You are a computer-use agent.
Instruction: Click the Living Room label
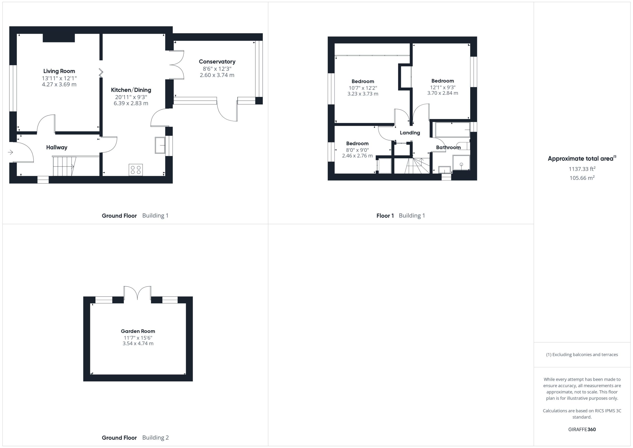point(59,71)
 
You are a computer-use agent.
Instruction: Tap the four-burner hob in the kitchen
point(136,170)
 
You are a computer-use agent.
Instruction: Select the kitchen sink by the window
point(160,145)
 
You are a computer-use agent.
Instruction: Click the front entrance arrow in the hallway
point(10,152)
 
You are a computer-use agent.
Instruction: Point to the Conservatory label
point(217,62)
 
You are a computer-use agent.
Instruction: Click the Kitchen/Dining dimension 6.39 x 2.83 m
point(131,103)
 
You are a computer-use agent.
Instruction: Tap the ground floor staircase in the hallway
point(64,166)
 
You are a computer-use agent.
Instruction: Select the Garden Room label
point(138,331)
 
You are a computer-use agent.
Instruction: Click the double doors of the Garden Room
point(137,293)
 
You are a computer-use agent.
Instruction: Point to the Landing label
point(410,133)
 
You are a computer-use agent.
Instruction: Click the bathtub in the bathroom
point(452,130)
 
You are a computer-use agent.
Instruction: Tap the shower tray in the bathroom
point(461,163)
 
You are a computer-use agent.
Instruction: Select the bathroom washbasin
point(444,170)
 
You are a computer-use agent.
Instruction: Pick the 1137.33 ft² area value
point(582,169)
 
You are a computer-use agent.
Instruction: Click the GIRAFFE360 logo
point(582,429)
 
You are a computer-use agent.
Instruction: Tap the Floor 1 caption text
point(385,216)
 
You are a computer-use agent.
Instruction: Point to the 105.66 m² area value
point(582,178)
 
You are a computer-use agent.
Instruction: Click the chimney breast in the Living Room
point(59,38)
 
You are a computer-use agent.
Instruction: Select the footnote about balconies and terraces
point(582,354)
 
